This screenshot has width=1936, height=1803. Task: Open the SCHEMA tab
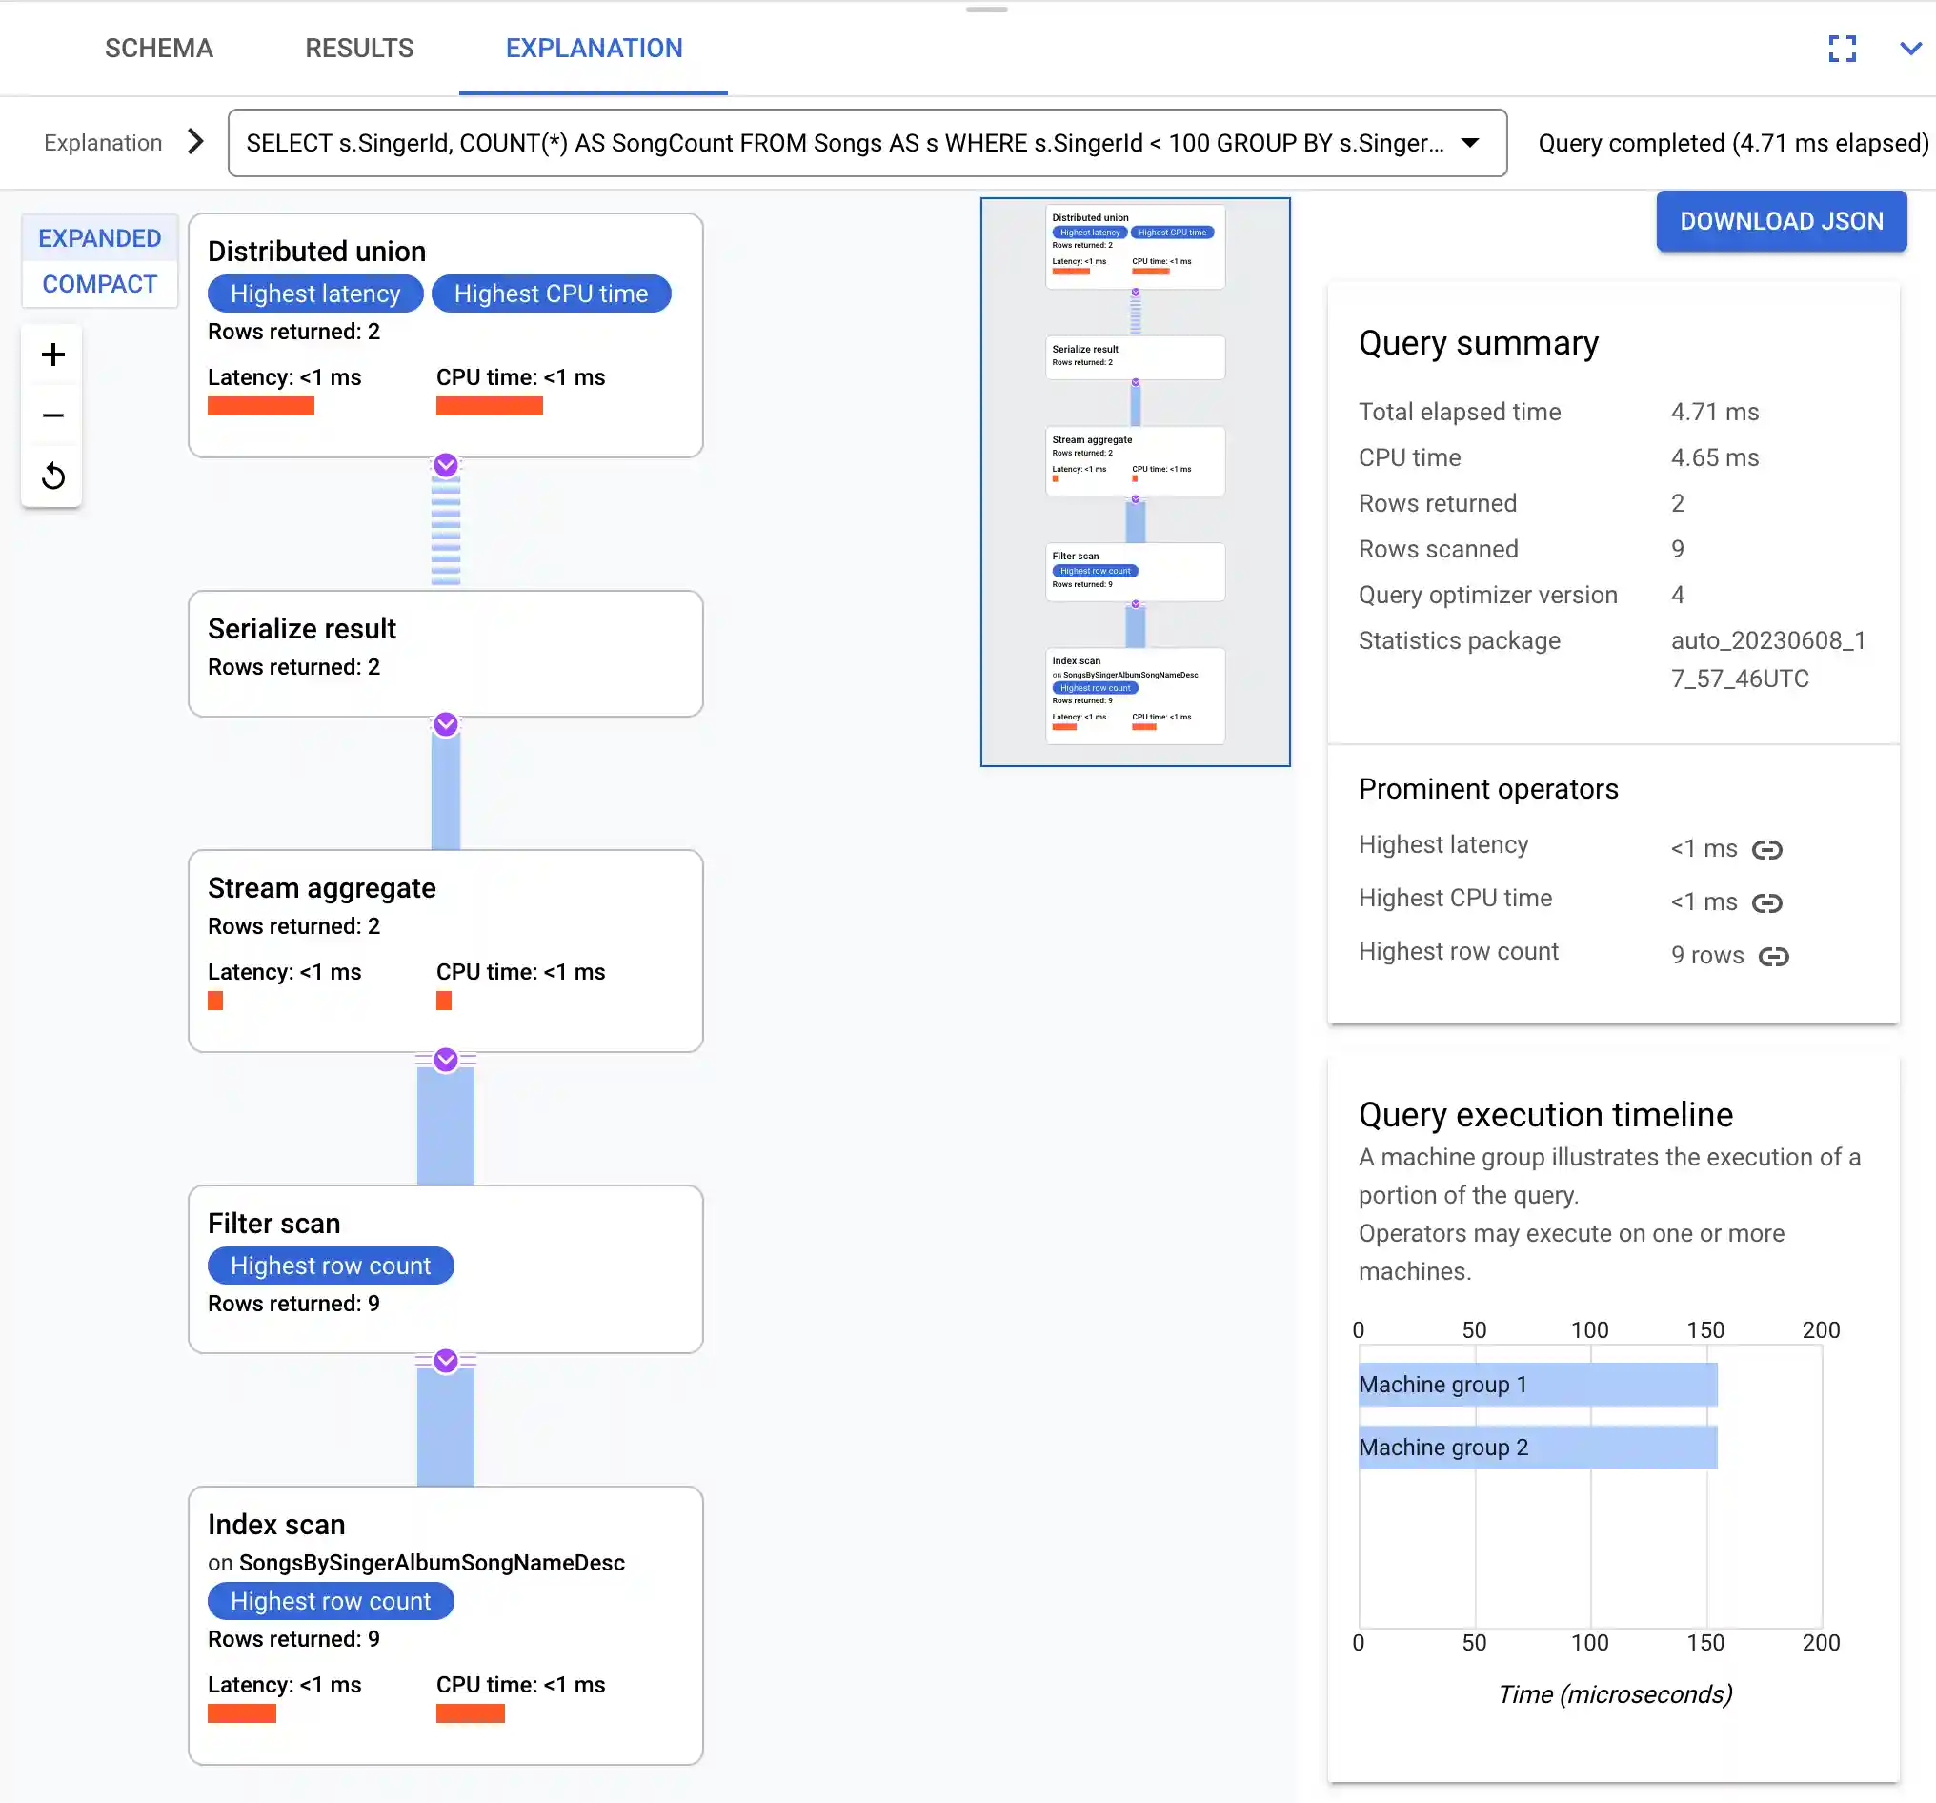click(159, 48)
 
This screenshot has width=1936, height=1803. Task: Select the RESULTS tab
click(359, 48)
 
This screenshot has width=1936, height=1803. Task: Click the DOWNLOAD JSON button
click(1780, 221)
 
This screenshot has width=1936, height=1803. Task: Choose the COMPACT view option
click(99, 283)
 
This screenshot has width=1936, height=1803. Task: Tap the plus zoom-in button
click(53, 355)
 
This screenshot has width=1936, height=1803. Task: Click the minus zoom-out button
click(53, 415)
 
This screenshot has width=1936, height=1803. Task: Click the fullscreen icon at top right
click(1842, 48)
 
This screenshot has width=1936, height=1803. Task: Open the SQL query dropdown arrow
click(1469, 143)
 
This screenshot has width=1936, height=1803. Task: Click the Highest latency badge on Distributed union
click(315, 294)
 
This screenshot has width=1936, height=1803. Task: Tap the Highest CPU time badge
click(551, 294)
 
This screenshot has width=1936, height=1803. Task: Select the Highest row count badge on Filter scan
click(331, 1266)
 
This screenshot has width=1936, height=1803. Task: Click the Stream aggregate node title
click(321, 888)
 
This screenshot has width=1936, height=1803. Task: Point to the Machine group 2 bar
click(1537, 1448)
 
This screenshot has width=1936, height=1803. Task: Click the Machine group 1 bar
click(1537, 1384)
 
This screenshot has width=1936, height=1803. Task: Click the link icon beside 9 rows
click(1773, 956)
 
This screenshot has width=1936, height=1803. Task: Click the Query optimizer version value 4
click(1677, 596)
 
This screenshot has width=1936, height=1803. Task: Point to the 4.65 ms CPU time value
click(1714, 457)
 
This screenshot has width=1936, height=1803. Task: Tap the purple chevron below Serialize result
click(446, 723)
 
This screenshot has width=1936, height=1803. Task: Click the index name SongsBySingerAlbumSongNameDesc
click(432, 1563)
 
